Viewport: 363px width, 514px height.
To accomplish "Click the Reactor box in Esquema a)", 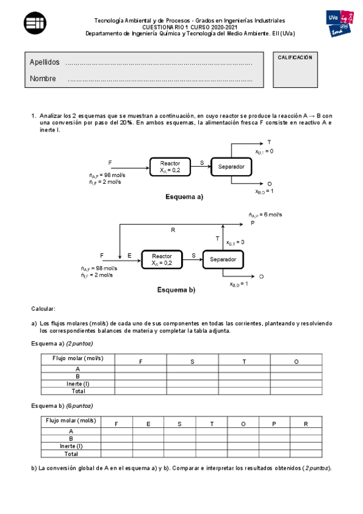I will [170, 167].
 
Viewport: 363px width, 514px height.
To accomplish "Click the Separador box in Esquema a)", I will [231, 167].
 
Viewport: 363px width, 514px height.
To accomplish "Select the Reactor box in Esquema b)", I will [162, 259].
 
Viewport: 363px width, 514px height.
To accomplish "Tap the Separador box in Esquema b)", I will [223, 259].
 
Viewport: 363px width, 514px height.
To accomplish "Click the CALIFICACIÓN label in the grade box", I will [295, 58].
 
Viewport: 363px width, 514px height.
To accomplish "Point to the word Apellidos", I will [44, 63].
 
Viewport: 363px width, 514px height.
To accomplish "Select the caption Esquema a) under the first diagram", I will [184, 197].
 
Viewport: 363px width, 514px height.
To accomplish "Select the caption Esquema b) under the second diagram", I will [176, 290].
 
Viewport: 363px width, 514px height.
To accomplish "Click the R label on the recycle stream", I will [173, 230].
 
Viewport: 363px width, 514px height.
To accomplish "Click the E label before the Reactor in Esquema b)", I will [129, 256].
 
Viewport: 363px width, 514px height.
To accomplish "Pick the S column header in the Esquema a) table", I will [192, 361].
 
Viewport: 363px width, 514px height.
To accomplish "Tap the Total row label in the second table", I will [71, 453].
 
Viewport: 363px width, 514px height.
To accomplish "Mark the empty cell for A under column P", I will [273, 432].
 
